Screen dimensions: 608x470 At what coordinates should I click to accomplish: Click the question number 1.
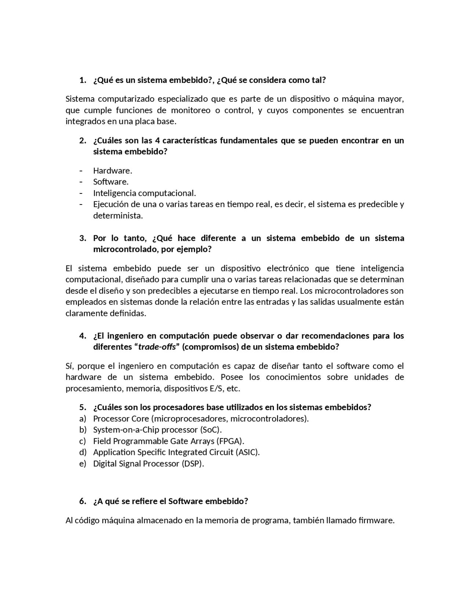coord(83,80)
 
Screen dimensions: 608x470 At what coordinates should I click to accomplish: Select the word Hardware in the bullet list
coord(112,171)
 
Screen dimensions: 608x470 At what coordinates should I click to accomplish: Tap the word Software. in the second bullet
coord(111,182)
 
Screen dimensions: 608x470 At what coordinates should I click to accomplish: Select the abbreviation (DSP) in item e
coord(192,464)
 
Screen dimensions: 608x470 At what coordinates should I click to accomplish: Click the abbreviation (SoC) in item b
coord(211,430)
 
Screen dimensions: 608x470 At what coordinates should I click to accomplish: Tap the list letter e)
coord(83,464)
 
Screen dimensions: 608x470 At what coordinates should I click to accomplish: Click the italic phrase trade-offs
coord(157,347)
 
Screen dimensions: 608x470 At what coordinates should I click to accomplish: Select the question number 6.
coord(83,502)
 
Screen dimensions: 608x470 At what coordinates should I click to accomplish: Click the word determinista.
coord(118,216)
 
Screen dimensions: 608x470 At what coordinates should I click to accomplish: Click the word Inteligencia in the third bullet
coord(115,193)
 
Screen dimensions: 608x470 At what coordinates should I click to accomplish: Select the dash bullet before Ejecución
coord(81,205)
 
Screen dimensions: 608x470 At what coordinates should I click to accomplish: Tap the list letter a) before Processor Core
coord(83,419)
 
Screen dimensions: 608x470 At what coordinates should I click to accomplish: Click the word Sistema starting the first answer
coord(80,99)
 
